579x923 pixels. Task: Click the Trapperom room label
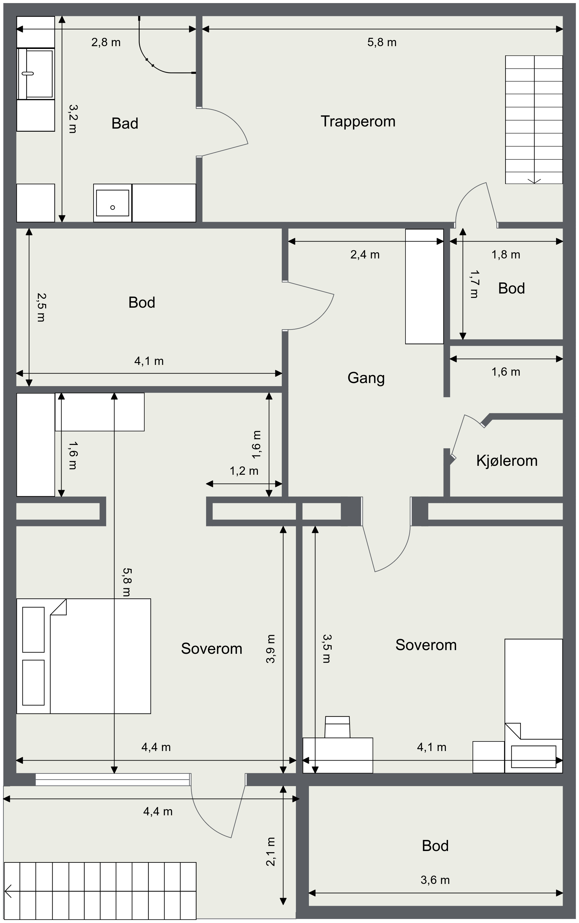(358, 122)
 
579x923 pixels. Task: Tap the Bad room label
(125, 123)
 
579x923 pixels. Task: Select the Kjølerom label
(507, 461)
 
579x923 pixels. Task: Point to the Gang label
(366, 378)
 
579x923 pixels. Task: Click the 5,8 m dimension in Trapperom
(382, 42)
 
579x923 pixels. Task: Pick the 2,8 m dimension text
(106, 42)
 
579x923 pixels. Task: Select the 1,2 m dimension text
(244, 471)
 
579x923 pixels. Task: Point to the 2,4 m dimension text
(365, 255)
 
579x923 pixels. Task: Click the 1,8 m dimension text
(506, 255)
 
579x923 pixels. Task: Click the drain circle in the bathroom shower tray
(113, 208)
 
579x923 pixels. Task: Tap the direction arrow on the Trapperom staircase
(534, 181)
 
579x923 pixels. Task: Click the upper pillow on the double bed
(33, 629)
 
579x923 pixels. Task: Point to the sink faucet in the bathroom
(28, 73)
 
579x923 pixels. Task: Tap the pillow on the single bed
(533, 757)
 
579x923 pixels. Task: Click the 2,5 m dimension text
(41, 307)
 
